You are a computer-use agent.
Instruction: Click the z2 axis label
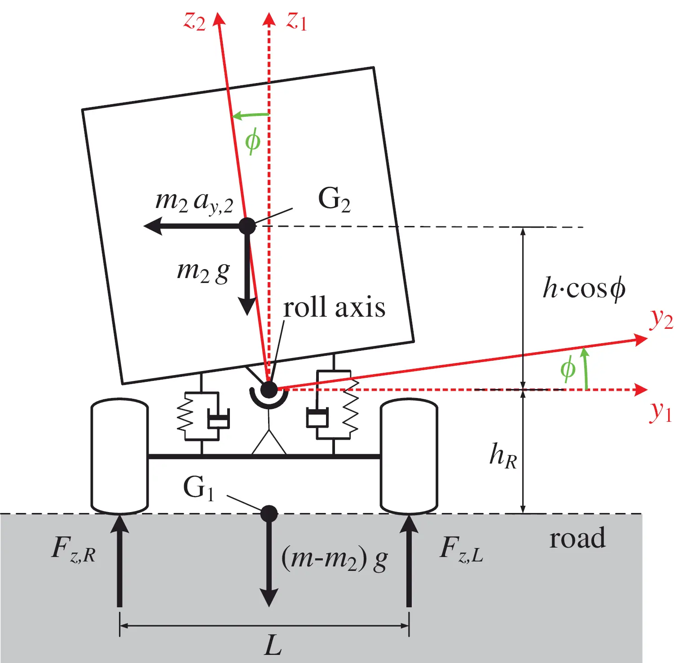(194, 21)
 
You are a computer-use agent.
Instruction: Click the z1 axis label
(297, 21)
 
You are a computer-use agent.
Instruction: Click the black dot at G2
(247, 226)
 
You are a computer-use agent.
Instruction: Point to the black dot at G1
(269, 513)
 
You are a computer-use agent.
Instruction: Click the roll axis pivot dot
(269, 389)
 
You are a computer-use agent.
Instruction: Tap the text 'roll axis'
(334, 308)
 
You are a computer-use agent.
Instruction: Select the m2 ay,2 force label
(194, 202)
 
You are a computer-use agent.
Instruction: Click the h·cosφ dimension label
(584, 288)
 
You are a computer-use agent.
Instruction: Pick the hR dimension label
(503, 455)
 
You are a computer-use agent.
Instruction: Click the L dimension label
(273, 645)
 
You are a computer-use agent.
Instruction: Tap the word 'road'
(577, 538)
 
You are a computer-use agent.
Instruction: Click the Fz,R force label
(74, 549)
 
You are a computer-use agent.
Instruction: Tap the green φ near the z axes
(252, 141)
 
